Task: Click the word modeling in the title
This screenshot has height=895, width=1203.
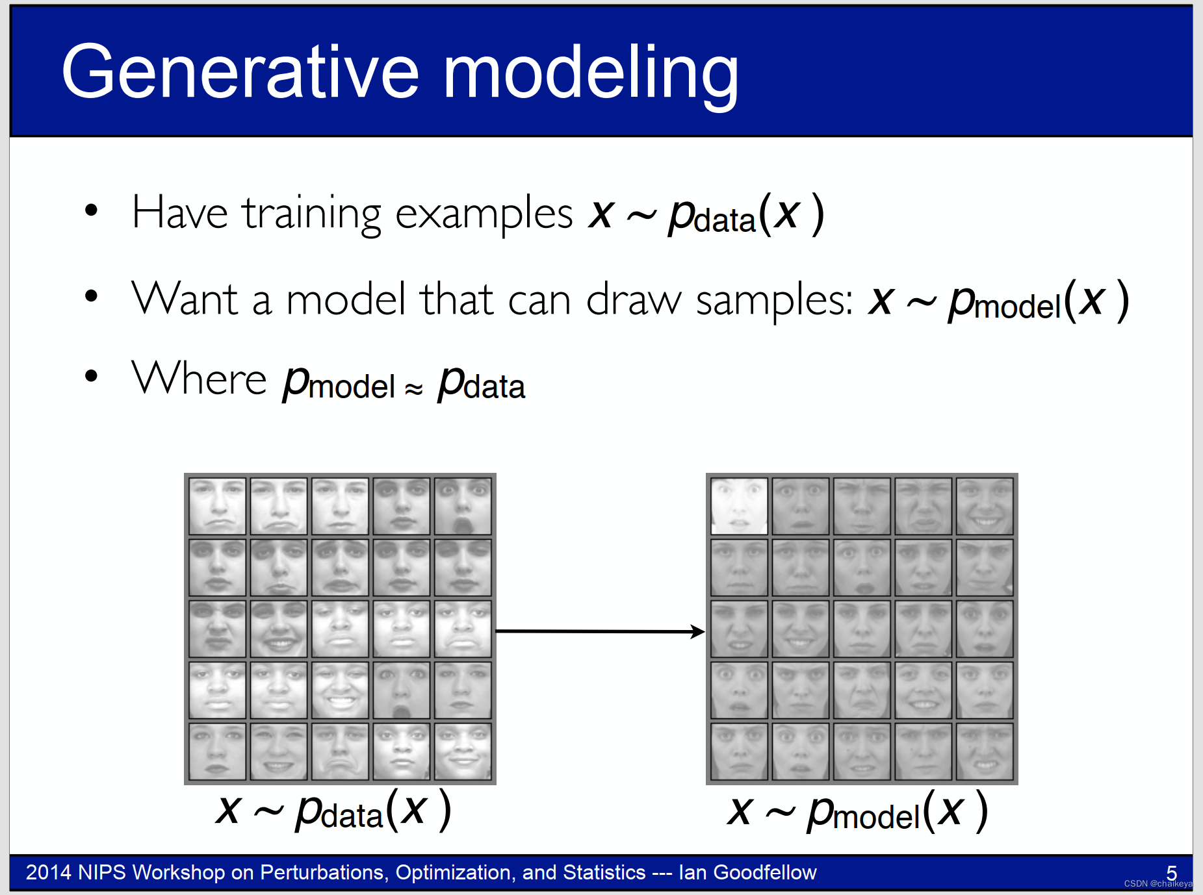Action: coord(591,75)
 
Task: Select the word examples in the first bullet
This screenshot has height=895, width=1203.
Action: coord(484,215)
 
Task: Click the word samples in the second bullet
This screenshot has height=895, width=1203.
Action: coord(774,301)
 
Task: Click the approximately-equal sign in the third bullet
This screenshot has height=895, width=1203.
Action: coord(414,388)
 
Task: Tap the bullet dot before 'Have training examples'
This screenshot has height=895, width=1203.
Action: coord(91,210)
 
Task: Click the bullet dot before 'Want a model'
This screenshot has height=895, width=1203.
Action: coord(91,296)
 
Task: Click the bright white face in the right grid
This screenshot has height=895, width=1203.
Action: coord(740,507)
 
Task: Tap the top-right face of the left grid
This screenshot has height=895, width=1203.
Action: coord(463,507)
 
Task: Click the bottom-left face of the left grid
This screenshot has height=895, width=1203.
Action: coord(217,751)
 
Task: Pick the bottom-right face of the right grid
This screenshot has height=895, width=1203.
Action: coord(985,751)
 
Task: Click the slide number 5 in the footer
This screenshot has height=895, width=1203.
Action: coord(1171,872)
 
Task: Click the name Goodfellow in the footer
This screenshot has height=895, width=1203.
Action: coord(765,872)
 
